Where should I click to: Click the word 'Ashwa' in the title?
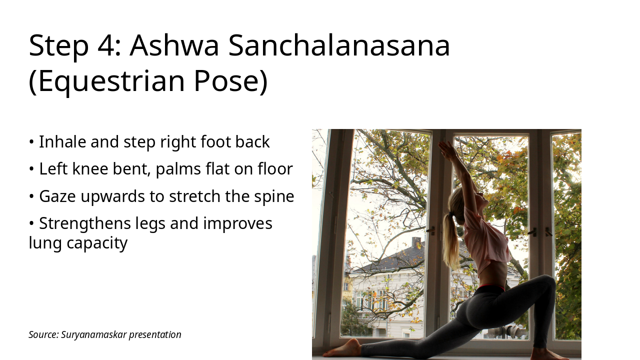point(174,45)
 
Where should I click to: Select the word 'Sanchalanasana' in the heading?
point(339,45)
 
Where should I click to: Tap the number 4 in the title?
point(106,45)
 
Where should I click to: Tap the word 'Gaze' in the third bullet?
point(57,196)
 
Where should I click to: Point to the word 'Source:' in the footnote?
point(43,334)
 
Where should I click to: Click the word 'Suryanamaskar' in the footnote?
point(94,334)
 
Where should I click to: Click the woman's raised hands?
point(447,148)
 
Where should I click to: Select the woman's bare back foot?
point(345,348)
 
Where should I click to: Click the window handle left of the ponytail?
point(430,230)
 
